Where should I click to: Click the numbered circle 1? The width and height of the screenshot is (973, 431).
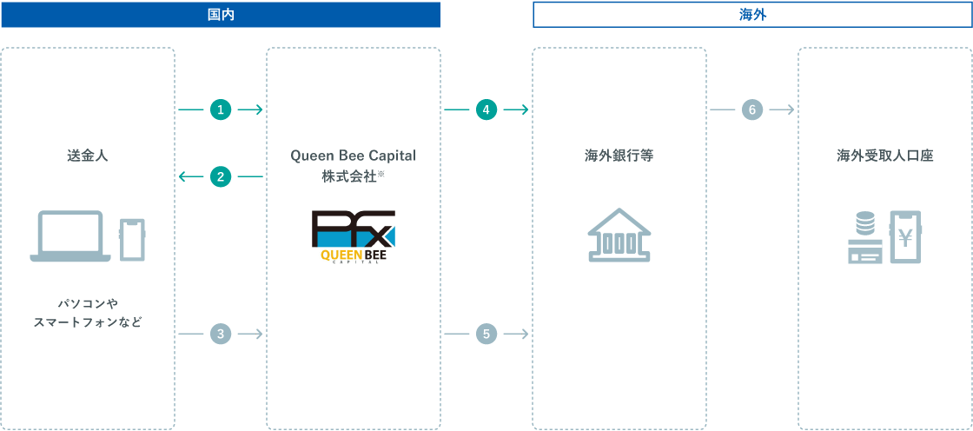[221, 110]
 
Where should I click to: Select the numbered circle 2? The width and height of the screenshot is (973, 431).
[221, 177]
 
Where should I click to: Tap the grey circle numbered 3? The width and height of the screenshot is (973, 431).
[221, 335]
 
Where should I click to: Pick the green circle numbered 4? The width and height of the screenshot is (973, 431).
[486, 110]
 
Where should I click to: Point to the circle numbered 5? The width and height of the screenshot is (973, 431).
[486, 335]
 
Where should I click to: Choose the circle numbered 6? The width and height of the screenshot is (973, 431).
[751, 110]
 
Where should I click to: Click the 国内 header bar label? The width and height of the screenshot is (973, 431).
[221, 15]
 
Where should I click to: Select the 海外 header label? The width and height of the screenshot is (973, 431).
[752, 15]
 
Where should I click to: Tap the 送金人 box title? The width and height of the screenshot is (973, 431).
[88, 156]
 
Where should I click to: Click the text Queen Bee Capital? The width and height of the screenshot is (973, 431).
[353, 156]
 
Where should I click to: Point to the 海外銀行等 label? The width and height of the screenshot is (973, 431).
[619, 156]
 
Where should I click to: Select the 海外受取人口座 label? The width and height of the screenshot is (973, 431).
[885, 156]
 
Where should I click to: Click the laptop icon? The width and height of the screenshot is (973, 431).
[70, 236]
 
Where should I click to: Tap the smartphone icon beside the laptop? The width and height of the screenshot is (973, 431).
[132, 240]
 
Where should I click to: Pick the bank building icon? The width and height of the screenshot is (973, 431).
[619, 234]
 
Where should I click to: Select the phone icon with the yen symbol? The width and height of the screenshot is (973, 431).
[905, 236]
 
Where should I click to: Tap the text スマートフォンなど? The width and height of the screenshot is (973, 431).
[88, 322]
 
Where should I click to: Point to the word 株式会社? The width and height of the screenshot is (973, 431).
[348, 176]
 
